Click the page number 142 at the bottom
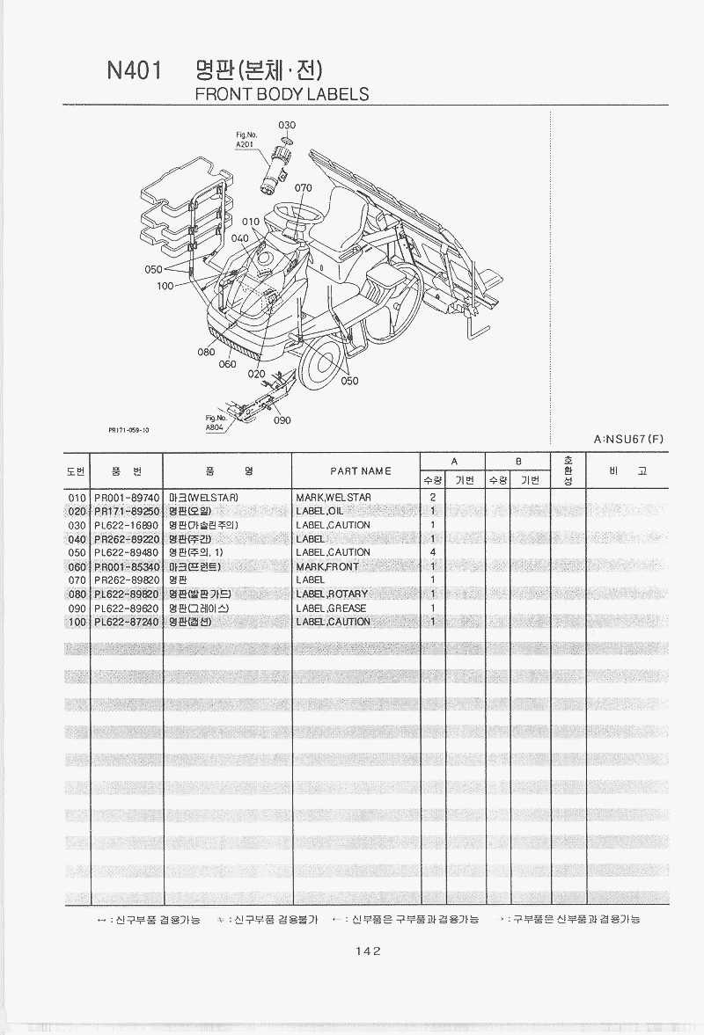point(368,950)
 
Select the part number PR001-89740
point(126,498)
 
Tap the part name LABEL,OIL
point(321,512)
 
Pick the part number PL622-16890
point(126,525)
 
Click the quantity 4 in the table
point(433,552)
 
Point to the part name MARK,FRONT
point(327,567)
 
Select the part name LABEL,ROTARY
point(332,594)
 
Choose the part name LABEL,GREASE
point(332,609)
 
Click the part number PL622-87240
point(126,622)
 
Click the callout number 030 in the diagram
point(287,125)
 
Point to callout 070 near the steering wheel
point(303,188)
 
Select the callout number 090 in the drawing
point(282,420)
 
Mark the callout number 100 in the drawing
point(165,286)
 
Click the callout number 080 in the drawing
point(206,352)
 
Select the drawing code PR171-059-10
point(128,430)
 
